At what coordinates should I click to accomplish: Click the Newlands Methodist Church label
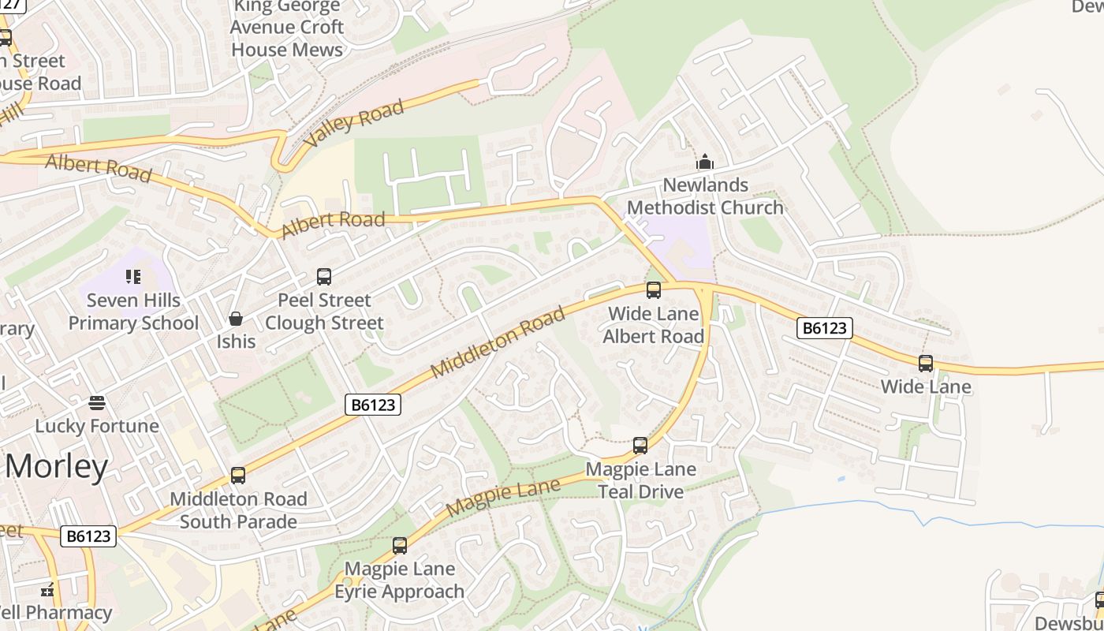click(x=705, y=196)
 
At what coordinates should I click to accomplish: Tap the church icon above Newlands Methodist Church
click(x=705, y=163)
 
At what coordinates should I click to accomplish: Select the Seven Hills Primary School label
click(x=133, y=312)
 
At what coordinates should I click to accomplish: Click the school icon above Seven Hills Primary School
click(x=133, y=277)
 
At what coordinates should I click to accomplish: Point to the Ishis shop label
click(x=236, y=341)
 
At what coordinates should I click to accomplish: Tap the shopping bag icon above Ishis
click(x=235, y=319)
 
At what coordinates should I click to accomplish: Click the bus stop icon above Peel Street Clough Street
click(x=324, y=277)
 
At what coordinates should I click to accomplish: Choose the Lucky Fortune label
click(x=97, y=426)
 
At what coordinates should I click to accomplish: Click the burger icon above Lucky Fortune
click(x=97, y=403)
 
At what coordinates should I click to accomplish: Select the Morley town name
click(x=57, y=467)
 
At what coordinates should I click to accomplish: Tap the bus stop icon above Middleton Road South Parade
click(x=238, y=476)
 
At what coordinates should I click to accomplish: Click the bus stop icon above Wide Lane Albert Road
click(x=654, y=290)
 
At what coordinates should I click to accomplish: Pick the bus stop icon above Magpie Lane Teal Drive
click(x=640, y=446)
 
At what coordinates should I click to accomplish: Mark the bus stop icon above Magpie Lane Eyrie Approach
click(x=400, y=546)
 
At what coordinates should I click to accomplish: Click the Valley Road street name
click(x=354, y=123)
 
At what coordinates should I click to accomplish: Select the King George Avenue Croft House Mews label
click(x=286, y=28)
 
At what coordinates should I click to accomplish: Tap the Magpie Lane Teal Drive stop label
click(x=640, y=480)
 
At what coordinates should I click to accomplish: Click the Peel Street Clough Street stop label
click(x=324, y=312)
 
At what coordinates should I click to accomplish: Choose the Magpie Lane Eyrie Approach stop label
click(x=400, y=580)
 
